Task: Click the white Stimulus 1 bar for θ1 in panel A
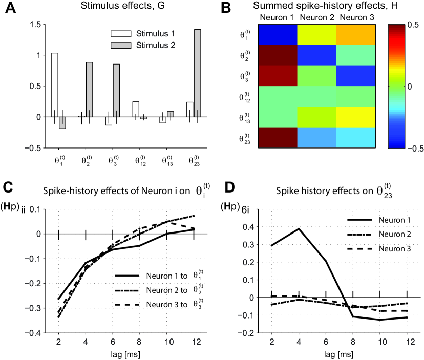tap(55, 84)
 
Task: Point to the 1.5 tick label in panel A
tap(35, 25)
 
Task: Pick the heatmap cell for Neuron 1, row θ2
tap(278, 55)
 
